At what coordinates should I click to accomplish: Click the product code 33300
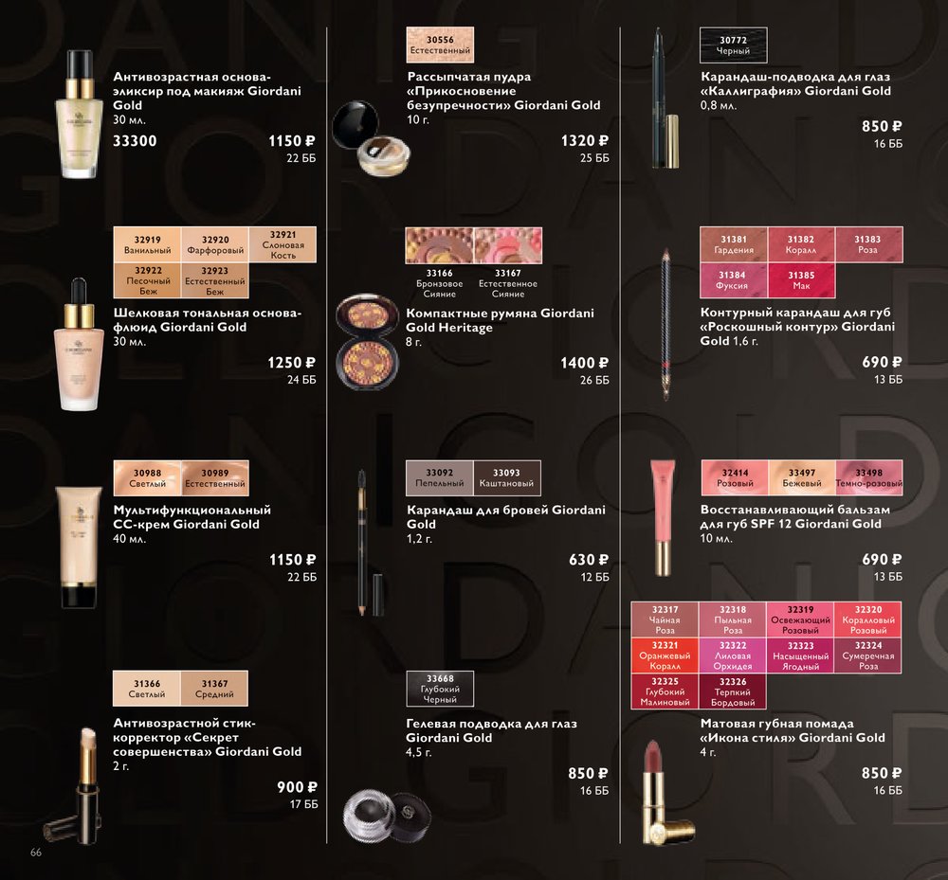(135, 141)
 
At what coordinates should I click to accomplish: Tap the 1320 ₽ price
(585, 141)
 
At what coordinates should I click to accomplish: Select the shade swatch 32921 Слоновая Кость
(283, 244)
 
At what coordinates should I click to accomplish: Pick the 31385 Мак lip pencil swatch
(801, 280)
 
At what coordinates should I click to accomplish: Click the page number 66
(36, 853)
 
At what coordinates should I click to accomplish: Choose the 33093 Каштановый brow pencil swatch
(506, 477)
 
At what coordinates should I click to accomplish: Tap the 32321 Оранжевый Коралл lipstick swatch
(665, 656)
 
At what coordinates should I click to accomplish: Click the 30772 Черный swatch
(734, 45)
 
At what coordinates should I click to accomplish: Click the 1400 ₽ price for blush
(584, 364)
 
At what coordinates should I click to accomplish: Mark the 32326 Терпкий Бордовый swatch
(733, 691)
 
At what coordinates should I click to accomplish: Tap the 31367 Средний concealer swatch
(214, 689)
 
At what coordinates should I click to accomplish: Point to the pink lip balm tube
(662, 517)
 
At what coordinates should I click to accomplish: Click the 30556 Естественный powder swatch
(440, 45)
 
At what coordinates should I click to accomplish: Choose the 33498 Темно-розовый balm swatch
(868, 477)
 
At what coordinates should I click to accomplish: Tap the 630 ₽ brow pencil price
(589, 561)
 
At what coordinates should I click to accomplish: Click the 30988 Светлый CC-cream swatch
(148, 478)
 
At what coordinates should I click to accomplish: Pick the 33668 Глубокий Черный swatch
(440, 689)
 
